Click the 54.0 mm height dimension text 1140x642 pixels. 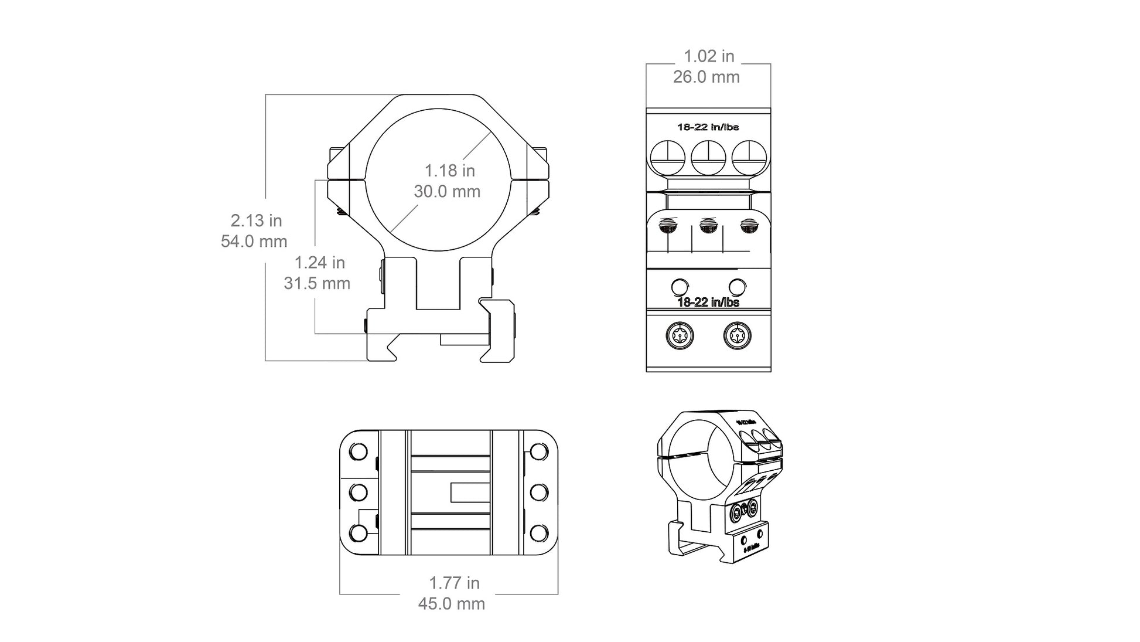(x=254, y=241)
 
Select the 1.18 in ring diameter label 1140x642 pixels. (x=449, y=171)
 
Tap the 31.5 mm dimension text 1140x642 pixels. (x=317, y=283)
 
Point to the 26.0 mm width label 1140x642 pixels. (x=706, y=77)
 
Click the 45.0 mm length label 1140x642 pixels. (x=451, y=603)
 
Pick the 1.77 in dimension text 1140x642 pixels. (x=454, y=583)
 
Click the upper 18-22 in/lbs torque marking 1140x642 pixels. (x=708, y=127)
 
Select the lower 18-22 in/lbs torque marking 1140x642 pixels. (x=708, y=303)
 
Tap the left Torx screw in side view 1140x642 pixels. (x=680, y=337)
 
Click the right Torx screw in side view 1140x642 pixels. (x=737, y=337)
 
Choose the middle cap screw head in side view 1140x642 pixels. (x=708, y=158)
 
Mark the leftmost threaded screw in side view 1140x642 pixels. (x=668, y=226)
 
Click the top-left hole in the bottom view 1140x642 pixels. (x=358, y=452)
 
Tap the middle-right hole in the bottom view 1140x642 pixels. (x=538, y=492)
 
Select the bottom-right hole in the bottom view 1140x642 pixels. (x=538, y=533)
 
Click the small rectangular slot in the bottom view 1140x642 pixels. (x=470, y=492)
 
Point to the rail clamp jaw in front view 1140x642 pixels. (x=499, y=331)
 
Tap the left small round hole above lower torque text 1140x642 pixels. (x=680, y=287)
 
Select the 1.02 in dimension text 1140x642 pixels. (x=708, y=56)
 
